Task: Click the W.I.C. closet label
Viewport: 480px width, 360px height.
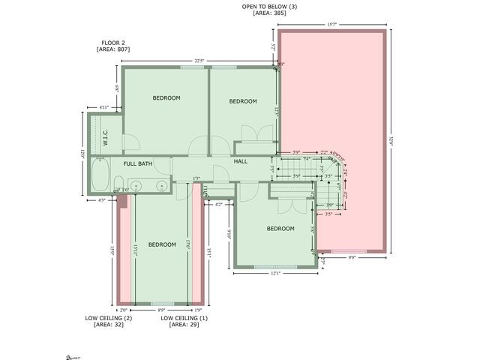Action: pyautogui.click(x=106, y=139)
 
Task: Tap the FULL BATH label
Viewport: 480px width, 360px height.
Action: pyautogui.click(x=138, y=163)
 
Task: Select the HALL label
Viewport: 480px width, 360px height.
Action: pyautogui.click(x=241, y=161)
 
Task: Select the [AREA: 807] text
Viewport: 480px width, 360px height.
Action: pyautogui.click(x=113, y=49)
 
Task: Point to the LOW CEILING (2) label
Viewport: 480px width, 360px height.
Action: pyautogui.click(x=109, y=318)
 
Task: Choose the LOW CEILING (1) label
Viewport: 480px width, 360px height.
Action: pyautogui.click(x=184, y=318)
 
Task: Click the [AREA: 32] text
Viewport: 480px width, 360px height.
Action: pyautogui.click(x=109, y=325)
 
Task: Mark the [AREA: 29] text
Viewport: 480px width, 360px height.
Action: pyautogui.click(x=184, y=325)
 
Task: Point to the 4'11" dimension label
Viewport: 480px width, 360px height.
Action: pyautogui.click(x=104, y=107)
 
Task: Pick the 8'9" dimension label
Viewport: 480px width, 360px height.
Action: pyautogui.click(x=161, y=310)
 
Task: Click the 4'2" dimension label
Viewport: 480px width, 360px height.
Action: pyautogui.click(x=218, y=204)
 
